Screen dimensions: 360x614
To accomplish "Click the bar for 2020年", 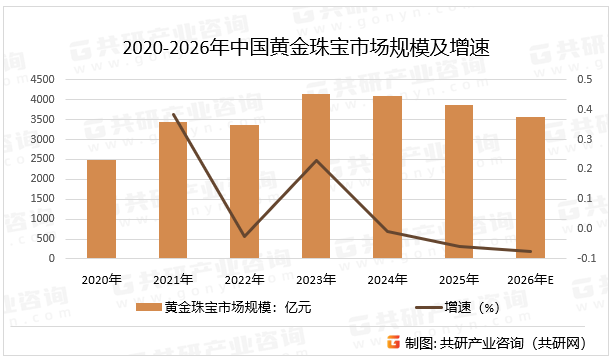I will pyautogui.click(x=101, y=209).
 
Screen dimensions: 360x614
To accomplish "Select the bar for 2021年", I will pyautogui.click(x=173, y=190).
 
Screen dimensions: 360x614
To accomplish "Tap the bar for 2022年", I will pyautogui.click(x=244, y=192).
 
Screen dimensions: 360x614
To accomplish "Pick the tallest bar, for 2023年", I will pyautogui.click(x=316, y=176).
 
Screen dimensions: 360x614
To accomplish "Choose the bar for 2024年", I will pyautogui.click(x=387, y=177).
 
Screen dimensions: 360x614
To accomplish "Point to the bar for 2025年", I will pyautogui.click(x=459, y=182).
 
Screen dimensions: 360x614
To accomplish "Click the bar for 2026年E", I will pyautogui.click(x=531, y=188).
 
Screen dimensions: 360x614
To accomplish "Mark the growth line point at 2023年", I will pyautogui.click(x=316, y=160).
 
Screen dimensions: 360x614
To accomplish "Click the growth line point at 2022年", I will pyautogui.click(x=244, y=237).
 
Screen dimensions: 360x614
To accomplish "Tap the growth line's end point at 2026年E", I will pyautogui.click(x=531, y=252).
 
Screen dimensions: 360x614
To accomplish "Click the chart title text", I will pyautogui.click(x=306, y=47).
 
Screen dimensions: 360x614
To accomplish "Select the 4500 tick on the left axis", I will pyautogui.click(x=43, y=79).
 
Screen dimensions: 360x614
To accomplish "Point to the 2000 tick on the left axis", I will pyautogui.click(x=43, y=179).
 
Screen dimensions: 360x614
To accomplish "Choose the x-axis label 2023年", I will pyautogui.click(x=316, y=279).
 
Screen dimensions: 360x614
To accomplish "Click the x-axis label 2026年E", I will pyautogui.click(x=531, y=279).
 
